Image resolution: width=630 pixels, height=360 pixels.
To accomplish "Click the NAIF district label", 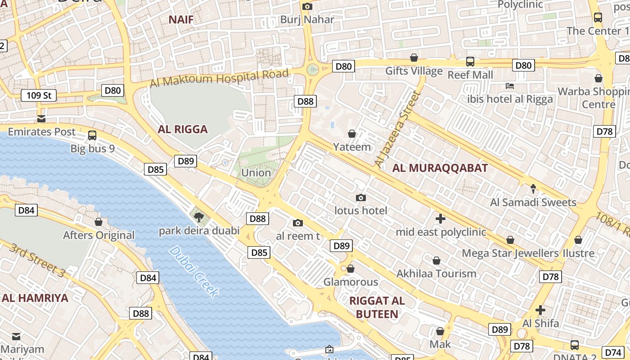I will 181,19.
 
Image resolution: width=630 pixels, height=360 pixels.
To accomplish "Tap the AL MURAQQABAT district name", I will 440,168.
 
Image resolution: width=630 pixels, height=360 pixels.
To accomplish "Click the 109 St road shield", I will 39,95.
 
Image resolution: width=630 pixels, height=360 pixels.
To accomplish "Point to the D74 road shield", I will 613,352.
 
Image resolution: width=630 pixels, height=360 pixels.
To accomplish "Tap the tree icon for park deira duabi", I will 198,218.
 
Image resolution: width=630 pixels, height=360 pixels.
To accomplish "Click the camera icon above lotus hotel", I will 360,198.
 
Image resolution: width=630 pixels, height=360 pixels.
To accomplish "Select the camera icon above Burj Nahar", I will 307,6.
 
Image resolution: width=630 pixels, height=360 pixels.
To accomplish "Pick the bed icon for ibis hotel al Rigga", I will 510,86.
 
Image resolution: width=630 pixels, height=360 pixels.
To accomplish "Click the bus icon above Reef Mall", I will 470,62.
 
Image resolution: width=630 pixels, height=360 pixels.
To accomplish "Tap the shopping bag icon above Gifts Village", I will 414,58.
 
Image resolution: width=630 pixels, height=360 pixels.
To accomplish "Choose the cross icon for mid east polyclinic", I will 441,219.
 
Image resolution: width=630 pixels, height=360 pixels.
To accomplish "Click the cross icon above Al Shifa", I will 540,310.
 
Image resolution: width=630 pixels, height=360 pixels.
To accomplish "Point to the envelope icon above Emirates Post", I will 41,119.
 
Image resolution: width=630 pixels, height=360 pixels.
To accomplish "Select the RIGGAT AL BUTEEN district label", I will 377,307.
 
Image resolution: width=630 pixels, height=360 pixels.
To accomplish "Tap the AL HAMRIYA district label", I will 35,298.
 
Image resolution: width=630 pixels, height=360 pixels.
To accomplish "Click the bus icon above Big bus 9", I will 92,135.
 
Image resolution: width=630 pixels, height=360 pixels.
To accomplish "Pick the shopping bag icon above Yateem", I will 352,134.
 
